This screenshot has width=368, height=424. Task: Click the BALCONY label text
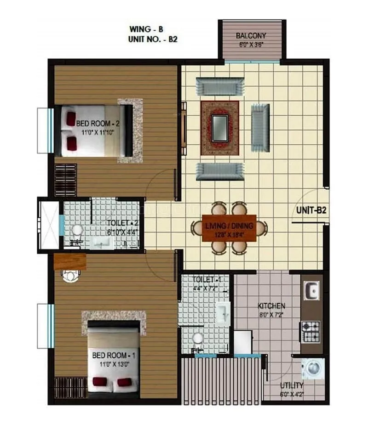(251, 36)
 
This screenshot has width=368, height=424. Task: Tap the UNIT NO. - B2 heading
(153, 40)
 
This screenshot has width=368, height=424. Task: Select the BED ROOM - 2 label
(98, 124)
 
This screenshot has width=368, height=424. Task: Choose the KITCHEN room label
(271, 305)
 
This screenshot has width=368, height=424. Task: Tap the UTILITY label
(292, 385)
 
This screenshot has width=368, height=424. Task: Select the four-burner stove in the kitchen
(311, 329)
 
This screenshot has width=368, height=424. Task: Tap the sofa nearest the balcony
(219, 86)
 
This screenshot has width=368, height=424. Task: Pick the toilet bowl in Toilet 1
(198, 339)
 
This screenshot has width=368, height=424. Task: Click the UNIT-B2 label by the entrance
(311, 211)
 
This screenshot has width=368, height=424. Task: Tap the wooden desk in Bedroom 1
(70, 261)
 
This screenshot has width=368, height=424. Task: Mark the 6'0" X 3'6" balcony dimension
(251, 45)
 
